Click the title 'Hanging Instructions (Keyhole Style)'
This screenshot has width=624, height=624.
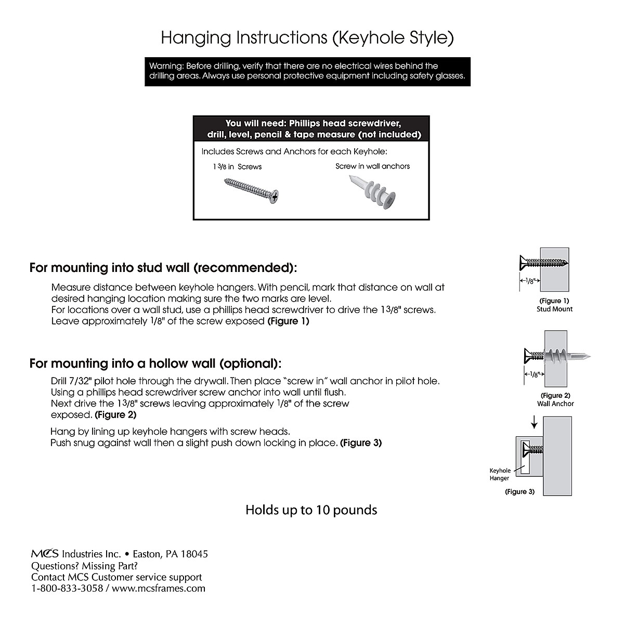tap(307, 38)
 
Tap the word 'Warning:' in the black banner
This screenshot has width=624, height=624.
tap(166, 66)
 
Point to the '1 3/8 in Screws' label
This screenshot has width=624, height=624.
tap(237, 167)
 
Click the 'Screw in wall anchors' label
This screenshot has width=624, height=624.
tap(372, 166)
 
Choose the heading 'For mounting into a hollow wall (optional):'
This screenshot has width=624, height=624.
tap(155, 363)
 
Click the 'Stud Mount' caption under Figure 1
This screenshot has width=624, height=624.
tap(554, 309)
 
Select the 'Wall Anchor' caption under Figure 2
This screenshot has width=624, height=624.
tap(555, 404)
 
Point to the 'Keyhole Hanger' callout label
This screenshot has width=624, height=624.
tap(500, 474)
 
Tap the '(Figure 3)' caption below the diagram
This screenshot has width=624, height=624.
tap(519, 492)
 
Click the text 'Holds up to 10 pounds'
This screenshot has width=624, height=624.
tap(311, 510)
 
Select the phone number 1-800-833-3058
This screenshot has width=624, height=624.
tap(67, 589)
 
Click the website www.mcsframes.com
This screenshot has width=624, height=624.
tap(159, 589)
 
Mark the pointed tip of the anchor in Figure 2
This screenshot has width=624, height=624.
tap(590, 357)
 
